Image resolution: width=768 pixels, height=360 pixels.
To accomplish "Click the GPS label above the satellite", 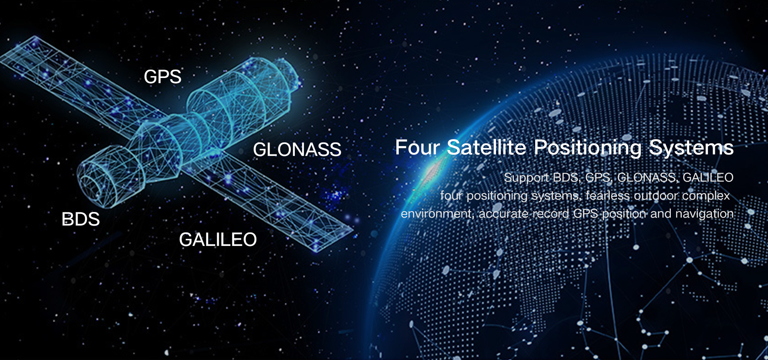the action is pos(162,76).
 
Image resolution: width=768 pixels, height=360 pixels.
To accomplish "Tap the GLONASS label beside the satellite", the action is pos(297,150).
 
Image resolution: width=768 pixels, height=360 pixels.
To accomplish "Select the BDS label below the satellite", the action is pos(80,219).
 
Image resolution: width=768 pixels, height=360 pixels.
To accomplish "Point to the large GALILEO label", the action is pos(218,240).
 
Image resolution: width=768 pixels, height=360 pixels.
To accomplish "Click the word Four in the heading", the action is pos(418,147).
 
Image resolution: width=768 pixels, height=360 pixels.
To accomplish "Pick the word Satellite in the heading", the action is pos(486,147).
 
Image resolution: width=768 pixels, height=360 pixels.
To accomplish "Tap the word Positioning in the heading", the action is pos(588,148).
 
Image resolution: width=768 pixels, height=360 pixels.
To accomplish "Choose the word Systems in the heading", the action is pos(691,148).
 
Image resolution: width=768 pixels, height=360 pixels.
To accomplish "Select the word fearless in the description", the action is pos(608,196).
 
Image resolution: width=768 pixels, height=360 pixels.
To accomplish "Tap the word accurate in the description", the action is pos(503,214).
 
